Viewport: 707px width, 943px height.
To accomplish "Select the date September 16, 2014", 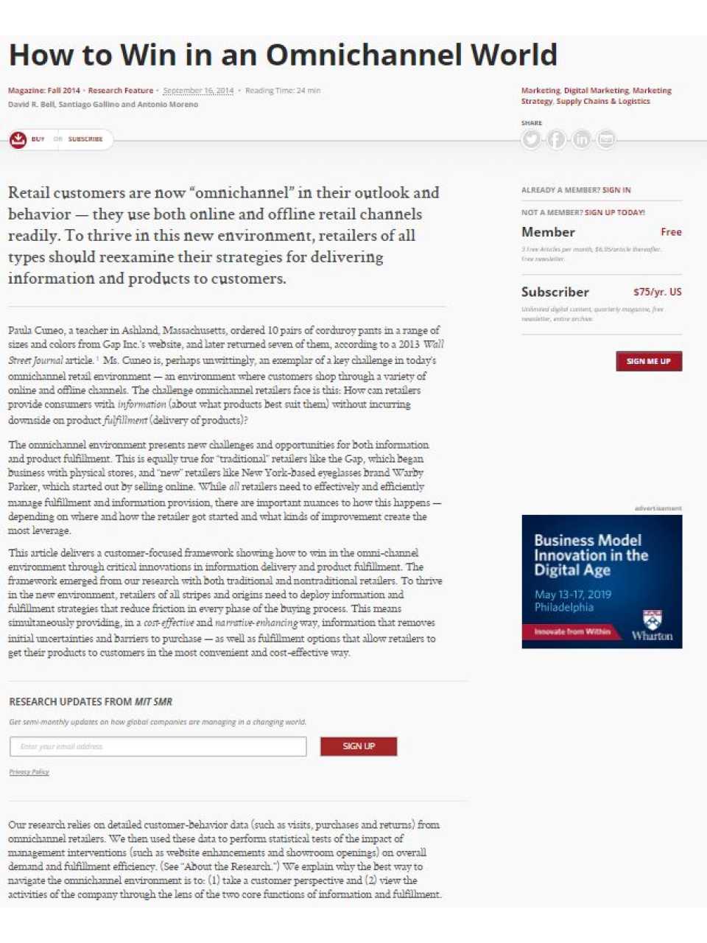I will click(x=198, y=91).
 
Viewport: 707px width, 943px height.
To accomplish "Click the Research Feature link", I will click(x=121, y=91).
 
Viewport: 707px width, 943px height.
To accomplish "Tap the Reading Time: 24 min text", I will click(x=283, y=91).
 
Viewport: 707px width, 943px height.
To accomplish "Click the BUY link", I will click(x=38, y=139).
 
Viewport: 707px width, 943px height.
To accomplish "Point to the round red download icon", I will click(x=18, y=139).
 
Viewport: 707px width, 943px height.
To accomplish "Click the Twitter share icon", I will click(x=531, y=139).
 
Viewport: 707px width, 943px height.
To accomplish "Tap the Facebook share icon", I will click(x=556, y=139).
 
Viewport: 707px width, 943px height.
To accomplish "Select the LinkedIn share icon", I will click(x=581, y=139).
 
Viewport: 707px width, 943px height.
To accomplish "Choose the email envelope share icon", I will click(x=606, y=139).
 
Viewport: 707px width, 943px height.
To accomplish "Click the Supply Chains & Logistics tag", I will click(x=603, y=102).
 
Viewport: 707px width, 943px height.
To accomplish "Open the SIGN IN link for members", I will click(x=616, y=190).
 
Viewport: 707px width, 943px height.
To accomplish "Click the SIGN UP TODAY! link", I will click(x=615, y=212).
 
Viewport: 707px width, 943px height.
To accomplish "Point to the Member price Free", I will click(x=671, y=232).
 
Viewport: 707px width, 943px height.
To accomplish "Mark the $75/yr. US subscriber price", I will click(x=657, y=292).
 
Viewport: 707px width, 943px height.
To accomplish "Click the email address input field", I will click(x=158, y=746).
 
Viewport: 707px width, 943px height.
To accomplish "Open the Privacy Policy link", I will click(x=29, y=772).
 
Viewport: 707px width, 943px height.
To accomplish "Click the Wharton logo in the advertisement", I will click(x=652, y=626).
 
